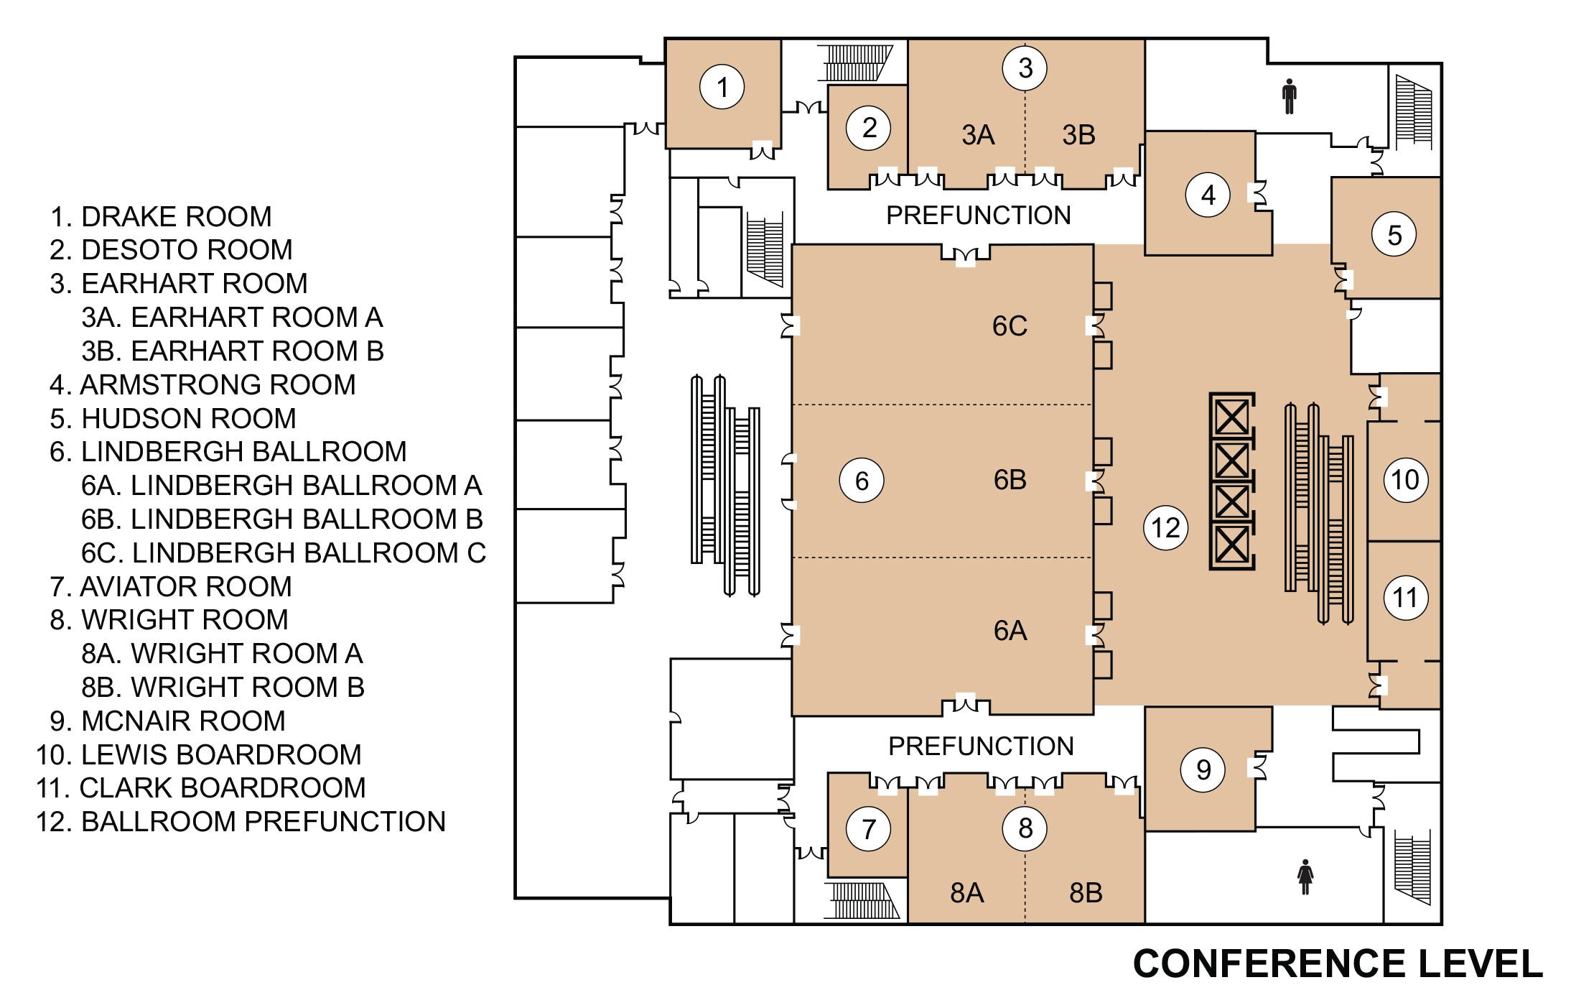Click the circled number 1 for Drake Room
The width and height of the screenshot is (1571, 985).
[722, 87]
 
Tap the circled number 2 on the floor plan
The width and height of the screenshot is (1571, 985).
[868, 128]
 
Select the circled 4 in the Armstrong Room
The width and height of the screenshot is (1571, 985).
[1208, 195]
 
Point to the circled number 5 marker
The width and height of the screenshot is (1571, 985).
[1394, 235]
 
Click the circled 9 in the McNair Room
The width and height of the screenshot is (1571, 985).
[1203, 769]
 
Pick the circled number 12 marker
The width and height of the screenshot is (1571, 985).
[1165, 528]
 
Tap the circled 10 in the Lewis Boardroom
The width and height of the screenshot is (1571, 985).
[1405, 479]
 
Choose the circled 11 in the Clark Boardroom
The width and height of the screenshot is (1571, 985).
[1405, 597]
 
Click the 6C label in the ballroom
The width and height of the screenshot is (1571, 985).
[1010, 326]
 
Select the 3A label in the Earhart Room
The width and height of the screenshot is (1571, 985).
[978, 134]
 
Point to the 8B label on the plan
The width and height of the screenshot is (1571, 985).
[1085, 892]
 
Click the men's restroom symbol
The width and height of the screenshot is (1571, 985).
[1290, 97]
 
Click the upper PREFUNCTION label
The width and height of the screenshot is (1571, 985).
[978, 215]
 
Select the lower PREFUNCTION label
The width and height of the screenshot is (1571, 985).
[981, 746]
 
